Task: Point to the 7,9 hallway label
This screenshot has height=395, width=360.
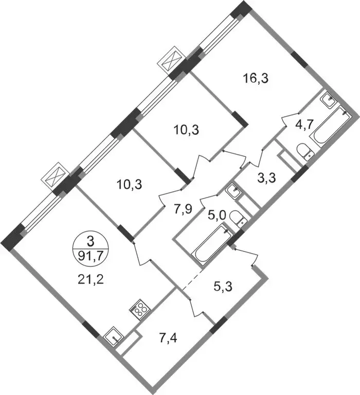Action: [184, 209]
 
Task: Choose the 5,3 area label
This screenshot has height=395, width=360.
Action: [223, 286]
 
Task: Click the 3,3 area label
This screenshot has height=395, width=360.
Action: [267, 177]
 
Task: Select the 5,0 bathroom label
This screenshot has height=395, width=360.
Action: [217, 215]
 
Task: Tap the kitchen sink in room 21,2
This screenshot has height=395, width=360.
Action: [114, 337]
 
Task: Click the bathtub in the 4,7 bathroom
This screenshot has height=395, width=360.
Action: [331, 127]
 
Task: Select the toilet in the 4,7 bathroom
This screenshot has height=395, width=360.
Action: [305, 152]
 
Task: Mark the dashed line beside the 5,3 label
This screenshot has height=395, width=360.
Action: [192, 280]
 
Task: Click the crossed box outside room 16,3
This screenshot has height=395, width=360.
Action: [172, 60]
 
